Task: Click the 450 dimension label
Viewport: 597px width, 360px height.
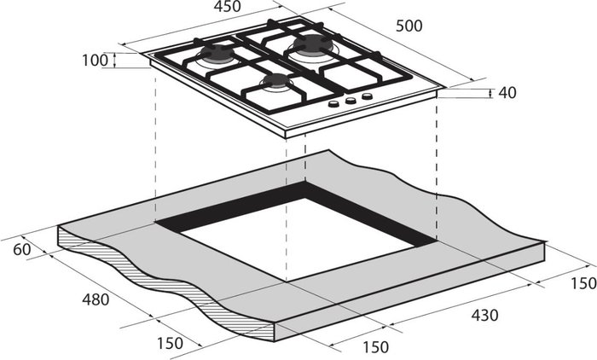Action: (x=227, y=6)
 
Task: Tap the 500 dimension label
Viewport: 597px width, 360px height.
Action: (x=409, y=26)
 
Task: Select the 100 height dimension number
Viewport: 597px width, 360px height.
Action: (x=96, y=61)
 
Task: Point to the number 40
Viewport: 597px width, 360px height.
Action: (x=507, y=93)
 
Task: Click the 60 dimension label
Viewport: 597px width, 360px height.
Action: (x=21, y=249)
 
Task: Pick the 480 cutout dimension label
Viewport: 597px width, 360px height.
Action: (x=96, y=299)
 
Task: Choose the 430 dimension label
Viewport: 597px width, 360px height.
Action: (x=484, y=315)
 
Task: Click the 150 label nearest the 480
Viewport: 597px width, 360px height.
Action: (x=170, y=343)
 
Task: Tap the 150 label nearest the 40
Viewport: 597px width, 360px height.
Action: (x=583, y=283)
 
